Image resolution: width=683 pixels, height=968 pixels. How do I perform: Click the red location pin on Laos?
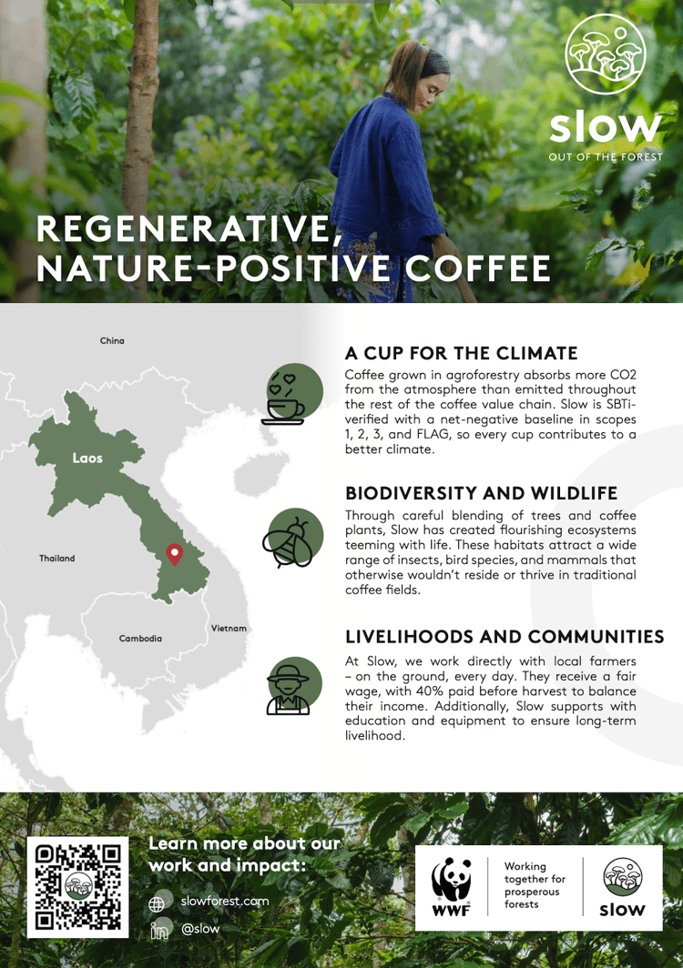pos(175,554)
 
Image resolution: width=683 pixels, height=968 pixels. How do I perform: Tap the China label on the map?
pos(112,341)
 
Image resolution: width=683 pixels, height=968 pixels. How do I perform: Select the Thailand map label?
pos(56,558)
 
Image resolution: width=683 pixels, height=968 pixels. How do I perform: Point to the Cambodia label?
pos(140,639)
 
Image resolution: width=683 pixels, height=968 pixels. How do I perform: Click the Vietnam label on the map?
pos(229,629)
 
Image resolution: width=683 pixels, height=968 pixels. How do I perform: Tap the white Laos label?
pos(87,459)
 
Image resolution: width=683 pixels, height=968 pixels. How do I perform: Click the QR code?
pos(78,887)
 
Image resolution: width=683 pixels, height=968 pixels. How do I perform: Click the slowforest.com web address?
pos(225,901)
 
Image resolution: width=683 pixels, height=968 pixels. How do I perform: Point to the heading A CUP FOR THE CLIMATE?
pos(461,353)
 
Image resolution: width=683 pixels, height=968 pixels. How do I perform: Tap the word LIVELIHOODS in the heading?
pos(409,637)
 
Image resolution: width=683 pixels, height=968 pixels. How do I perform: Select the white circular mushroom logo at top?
pos(605,55)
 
